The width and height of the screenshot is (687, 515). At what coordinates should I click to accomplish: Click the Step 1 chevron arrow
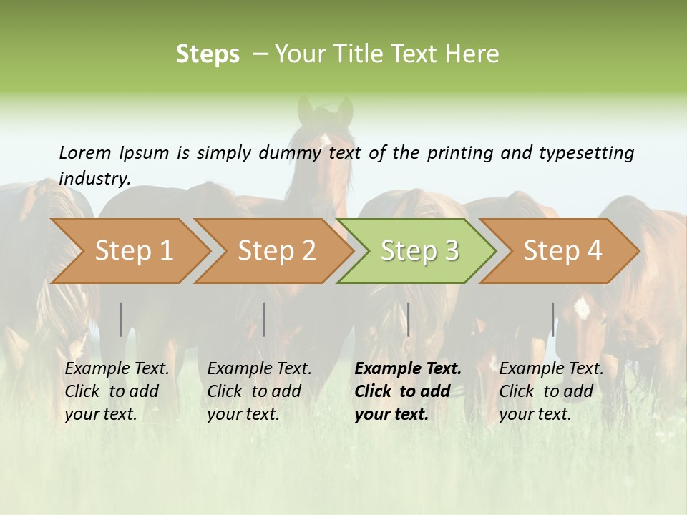click(x=132, y=251)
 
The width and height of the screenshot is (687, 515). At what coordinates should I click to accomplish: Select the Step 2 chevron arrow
click(x=276, y=251)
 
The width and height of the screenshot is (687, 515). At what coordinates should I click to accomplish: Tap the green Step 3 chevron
click(x=419, y=251)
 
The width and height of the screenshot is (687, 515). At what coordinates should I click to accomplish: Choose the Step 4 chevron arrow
click(x=562, y=251)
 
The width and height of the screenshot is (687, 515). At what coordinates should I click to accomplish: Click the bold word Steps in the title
click(x=208, y=54)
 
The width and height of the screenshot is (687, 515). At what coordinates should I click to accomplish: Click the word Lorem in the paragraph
click(x=84, y=152)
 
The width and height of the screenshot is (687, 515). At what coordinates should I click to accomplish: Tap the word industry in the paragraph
click(x=94, y=178)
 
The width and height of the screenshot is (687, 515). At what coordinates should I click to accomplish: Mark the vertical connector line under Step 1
click(x=121, y=319)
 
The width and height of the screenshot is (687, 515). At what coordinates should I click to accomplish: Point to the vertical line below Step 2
click(x=264, y=319)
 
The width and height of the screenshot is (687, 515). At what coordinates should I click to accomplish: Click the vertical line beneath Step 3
click(x=408, y=319)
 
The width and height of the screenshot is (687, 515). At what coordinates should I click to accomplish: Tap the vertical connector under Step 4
click(x=552, y=319)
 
